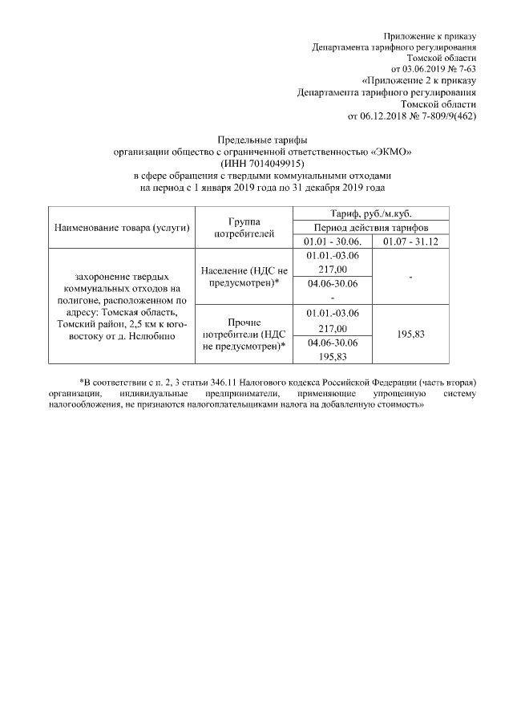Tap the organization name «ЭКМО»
(x=393, y=152)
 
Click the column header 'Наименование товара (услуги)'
(x=121, y=228)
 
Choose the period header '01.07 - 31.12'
(x=410, y=242)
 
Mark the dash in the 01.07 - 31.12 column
(x=410, y=277)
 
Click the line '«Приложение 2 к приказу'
(x=419, y=81)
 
